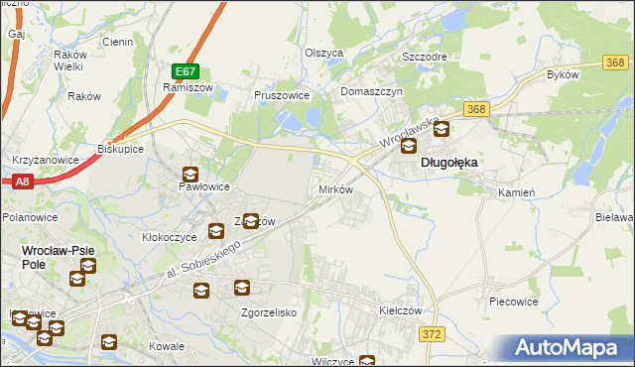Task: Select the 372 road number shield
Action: click(x=432, y=335)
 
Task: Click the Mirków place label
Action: click(x=334, y=188)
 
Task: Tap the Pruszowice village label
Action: click(x=283, y=96)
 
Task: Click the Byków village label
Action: click(x=563, y=75)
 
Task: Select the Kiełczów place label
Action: click(x=401, y=310)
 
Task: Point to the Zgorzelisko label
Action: click(x=270, y=311)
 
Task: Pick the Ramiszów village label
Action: click(x=183, y=87)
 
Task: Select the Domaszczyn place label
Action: click(x=371, y=91)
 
